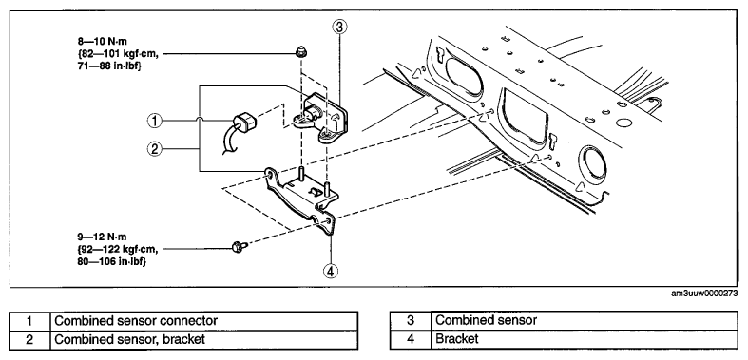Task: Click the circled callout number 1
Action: pyautogui.click(x=154, y=122)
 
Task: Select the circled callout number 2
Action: pyautogui.click(x=154, y=149)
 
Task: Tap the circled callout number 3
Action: pyautogui.click(x=339, y=28)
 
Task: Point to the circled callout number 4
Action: pyautogui.click(x=331, y=271)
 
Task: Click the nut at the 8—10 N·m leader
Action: pyautogui.click(x=300, y=52)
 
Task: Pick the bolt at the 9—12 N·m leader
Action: pyautogui.click(x=240, y=247)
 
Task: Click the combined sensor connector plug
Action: pyautogui.click(x=244, y=122)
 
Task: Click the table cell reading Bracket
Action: pyautogui.click(x=585, y=339)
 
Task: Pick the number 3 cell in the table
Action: pyautogui.click(x=411, y=320)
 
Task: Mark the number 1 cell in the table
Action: pyautogui.click(x=29, y=320)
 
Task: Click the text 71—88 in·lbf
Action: pyautogui.click(x=109, y=66)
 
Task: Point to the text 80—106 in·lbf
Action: pyautogui.click(x=111, y=262)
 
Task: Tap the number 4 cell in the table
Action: pyautogui.click(x=411, y=339)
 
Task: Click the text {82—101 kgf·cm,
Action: pyautogui.click(x=117, y=54)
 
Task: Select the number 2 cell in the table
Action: pyautogui.click(x=29, y=339)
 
